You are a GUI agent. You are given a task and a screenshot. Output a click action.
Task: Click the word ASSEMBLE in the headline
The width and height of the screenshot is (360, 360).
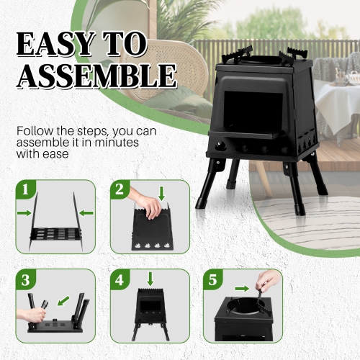click(x=97, y=76)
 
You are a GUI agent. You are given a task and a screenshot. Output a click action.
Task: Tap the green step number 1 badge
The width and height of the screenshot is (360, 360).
click(x=26, y=191)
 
